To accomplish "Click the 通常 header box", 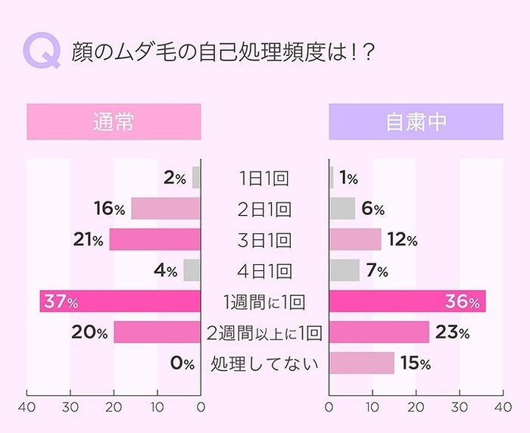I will point(114,122).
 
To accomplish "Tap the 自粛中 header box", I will point(416,122).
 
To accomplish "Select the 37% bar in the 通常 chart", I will point(120,301).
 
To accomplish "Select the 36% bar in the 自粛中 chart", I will point(407,301).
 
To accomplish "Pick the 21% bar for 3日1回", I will point(155,240).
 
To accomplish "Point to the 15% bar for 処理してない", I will point(362,363).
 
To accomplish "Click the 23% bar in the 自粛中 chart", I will point(379,332).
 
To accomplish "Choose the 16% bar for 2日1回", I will point(166,209).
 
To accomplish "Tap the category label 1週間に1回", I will point(265,302).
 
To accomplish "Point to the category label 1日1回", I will point(265,179).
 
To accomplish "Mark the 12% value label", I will point(401,240).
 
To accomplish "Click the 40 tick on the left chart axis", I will point(28,407).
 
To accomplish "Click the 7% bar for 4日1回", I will point(344,270).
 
